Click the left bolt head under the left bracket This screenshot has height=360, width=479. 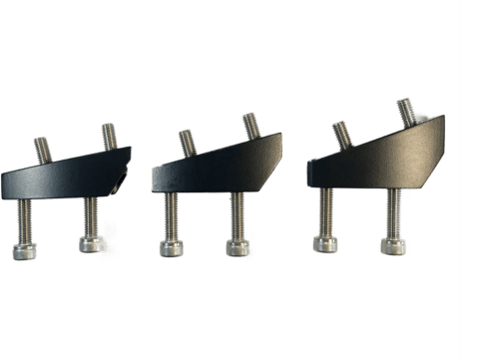coord(28,249)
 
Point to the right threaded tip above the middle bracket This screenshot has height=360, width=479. coord(250,127)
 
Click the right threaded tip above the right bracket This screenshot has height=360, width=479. coord(406,110)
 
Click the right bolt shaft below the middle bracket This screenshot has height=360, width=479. coord(238,213)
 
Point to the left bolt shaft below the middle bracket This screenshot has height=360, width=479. coord(171,217)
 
